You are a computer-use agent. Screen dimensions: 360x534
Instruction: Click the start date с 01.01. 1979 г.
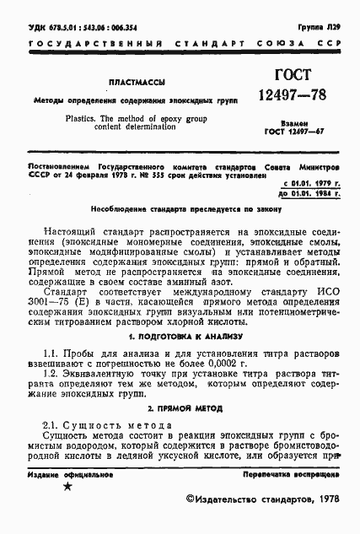tap(312, 183)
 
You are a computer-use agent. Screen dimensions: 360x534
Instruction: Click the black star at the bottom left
tap(68, 487)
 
